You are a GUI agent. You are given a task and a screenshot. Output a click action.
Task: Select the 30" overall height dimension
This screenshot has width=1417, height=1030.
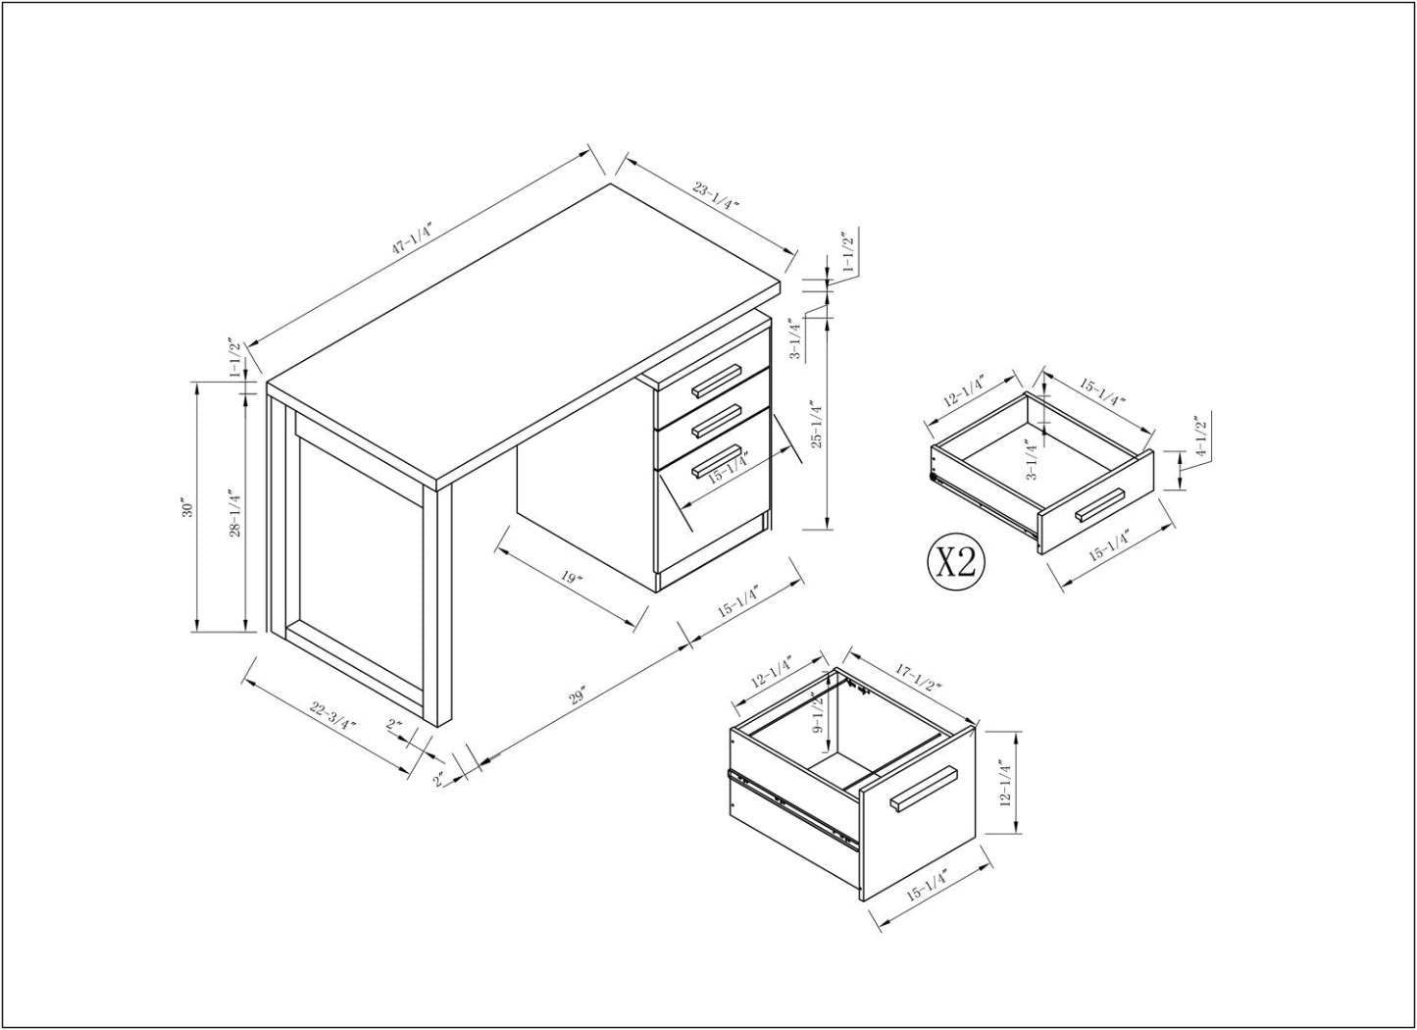(186, 507)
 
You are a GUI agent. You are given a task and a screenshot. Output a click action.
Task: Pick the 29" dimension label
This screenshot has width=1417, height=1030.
(577, 697)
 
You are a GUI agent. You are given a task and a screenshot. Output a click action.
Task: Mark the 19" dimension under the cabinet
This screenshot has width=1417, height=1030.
(573, 577)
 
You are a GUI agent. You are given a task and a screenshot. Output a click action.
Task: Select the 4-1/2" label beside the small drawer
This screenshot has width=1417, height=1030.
(1197, 438)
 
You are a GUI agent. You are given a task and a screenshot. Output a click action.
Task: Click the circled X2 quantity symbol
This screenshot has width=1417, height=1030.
(955, 562)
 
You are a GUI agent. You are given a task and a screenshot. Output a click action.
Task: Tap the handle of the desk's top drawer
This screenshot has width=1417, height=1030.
(716, 381)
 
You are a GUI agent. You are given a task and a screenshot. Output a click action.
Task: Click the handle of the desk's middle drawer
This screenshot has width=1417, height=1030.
(716, 420)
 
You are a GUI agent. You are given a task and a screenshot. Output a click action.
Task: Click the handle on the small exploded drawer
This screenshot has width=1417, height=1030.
(1100, 504)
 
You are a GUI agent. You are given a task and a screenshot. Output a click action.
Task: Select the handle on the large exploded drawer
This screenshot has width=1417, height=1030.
(924, 789)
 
